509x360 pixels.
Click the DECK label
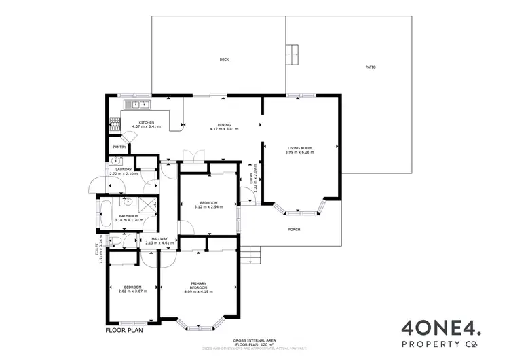(224, 60)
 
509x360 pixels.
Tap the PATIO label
(371, 67)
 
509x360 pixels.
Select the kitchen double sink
(140, 105)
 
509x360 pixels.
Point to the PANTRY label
(119, 146)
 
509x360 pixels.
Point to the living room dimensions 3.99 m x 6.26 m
(299, 152)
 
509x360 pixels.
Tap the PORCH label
(294, 230)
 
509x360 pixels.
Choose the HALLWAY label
(159, 238)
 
